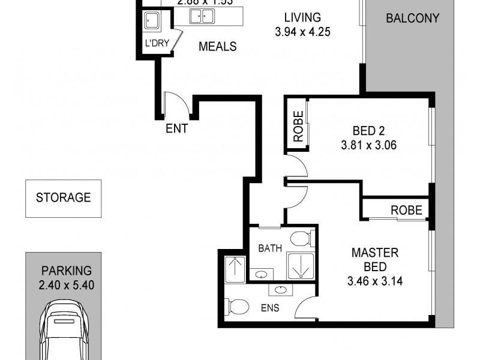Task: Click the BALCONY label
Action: [x=412, y=18]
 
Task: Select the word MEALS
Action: [x=218, y=47]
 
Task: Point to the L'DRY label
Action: [x=156, y=43]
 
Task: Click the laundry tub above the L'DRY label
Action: [x=151, y=21]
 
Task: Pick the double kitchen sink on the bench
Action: [x=202, y=17]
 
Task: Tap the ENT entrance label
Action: [x=178, y=128]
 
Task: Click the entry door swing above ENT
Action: [x=177, y=103]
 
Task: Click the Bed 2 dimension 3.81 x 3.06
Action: [x=368, y=145]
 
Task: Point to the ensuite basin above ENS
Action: [x=280, y=290]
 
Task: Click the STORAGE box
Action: [x=63, y=197]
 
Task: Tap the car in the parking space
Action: [x=63, y=333]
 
